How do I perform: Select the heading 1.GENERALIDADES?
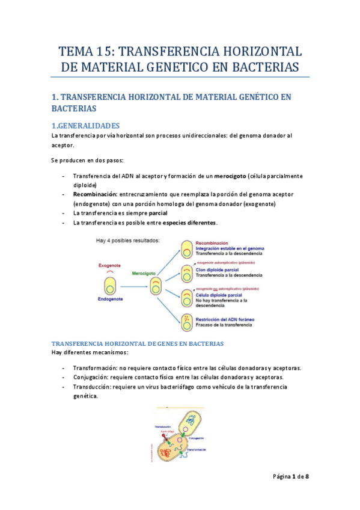[87, 126]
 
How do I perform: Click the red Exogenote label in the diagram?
[110, 265]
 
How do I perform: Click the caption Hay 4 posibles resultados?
[127, 241]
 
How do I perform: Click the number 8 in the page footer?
[307, 476]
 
